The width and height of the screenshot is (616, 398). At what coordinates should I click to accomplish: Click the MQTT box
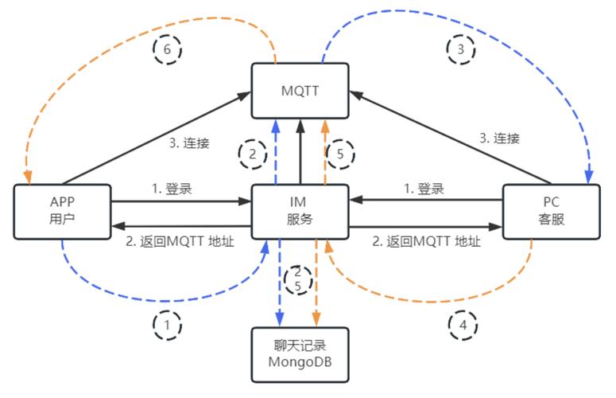coord(300,90)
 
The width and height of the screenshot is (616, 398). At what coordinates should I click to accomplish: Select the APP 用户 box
coord(61,211)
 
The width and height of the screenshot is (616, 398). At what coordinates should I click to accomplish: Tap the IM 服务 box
coord(300,211)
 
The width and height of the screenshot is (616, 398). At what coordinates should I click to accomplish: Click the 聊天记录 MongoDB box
coord(300,355)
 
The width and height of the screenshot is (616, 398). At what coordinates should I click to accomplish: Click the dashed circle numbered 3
coord(460,49)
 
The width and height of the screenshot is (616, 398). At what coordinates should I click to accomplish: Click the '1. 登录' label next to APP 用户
coord(171,189)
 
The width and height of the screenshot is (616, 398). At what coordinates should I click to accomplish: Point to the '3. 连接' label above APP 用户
coord(189,143)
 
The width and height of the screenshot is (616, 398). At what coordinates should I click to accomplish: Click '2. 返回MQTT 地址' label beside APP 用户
coord(180,241)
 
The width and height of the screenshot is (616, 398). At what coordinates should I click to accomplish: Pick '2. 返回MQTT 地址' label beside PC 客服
coord(426,241)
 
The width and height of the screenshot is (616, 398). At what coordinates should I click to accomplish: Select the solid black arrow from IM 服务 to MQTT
coord(300,151)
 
